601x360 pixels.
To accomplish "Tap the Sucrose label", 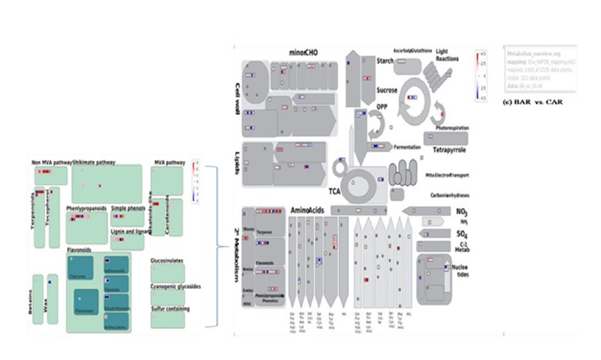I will point(387,90).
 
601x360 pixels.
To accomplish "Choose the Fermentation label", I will point(407,146).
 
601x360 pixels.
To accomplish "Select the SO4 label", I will point(462,233).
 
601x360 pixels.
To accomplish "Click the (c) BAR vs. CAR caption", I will point(531,102).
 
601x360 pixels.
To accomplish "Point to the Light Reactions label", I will point(447,55).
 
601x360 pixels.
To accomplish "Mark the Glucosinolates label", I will point(167,261).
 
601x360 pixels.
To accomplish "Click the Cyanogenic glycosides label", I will point(175,286).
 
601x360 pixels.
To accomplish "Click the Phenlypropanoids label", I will point(86,208).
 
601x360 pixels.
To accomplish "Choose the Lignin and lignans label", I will point(130,230).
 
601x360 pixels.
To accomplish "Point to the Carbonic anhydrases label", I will point(453,196).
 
